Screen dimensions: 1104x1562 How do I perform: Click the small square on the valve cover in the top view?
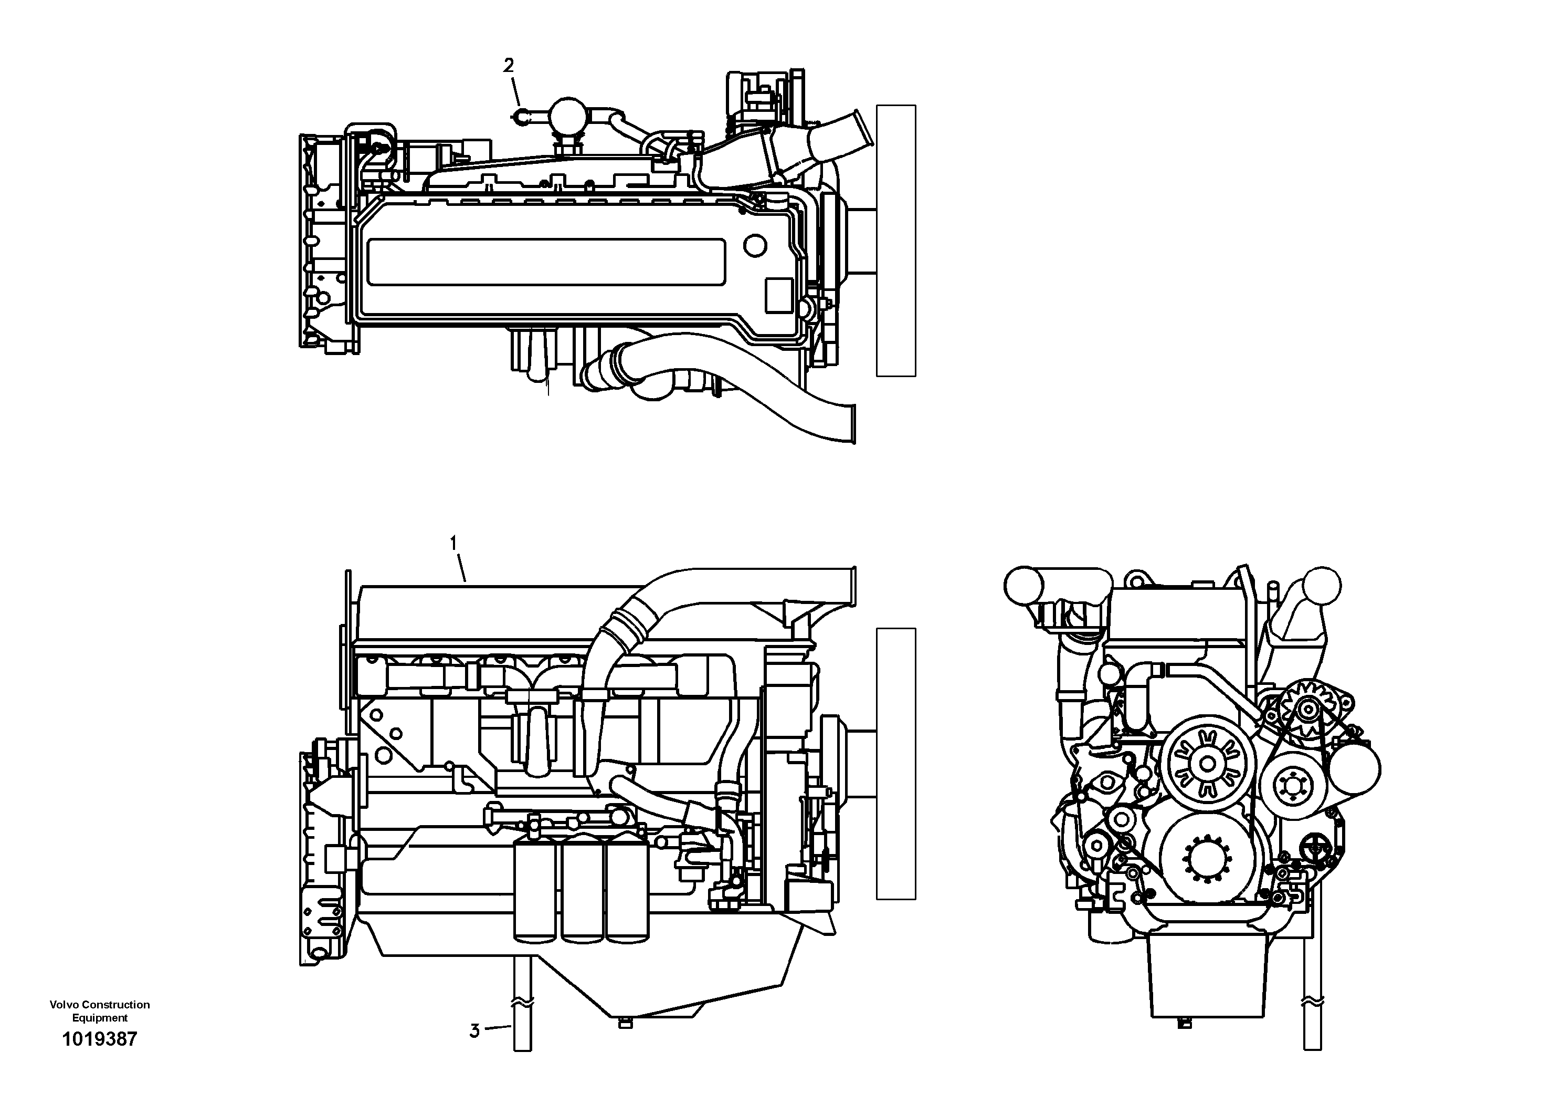779,295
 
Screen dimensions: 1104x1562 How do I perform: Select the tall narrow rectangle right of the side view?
896,764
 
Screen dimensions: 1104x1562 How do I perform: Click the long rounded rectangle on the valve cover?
546,262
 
